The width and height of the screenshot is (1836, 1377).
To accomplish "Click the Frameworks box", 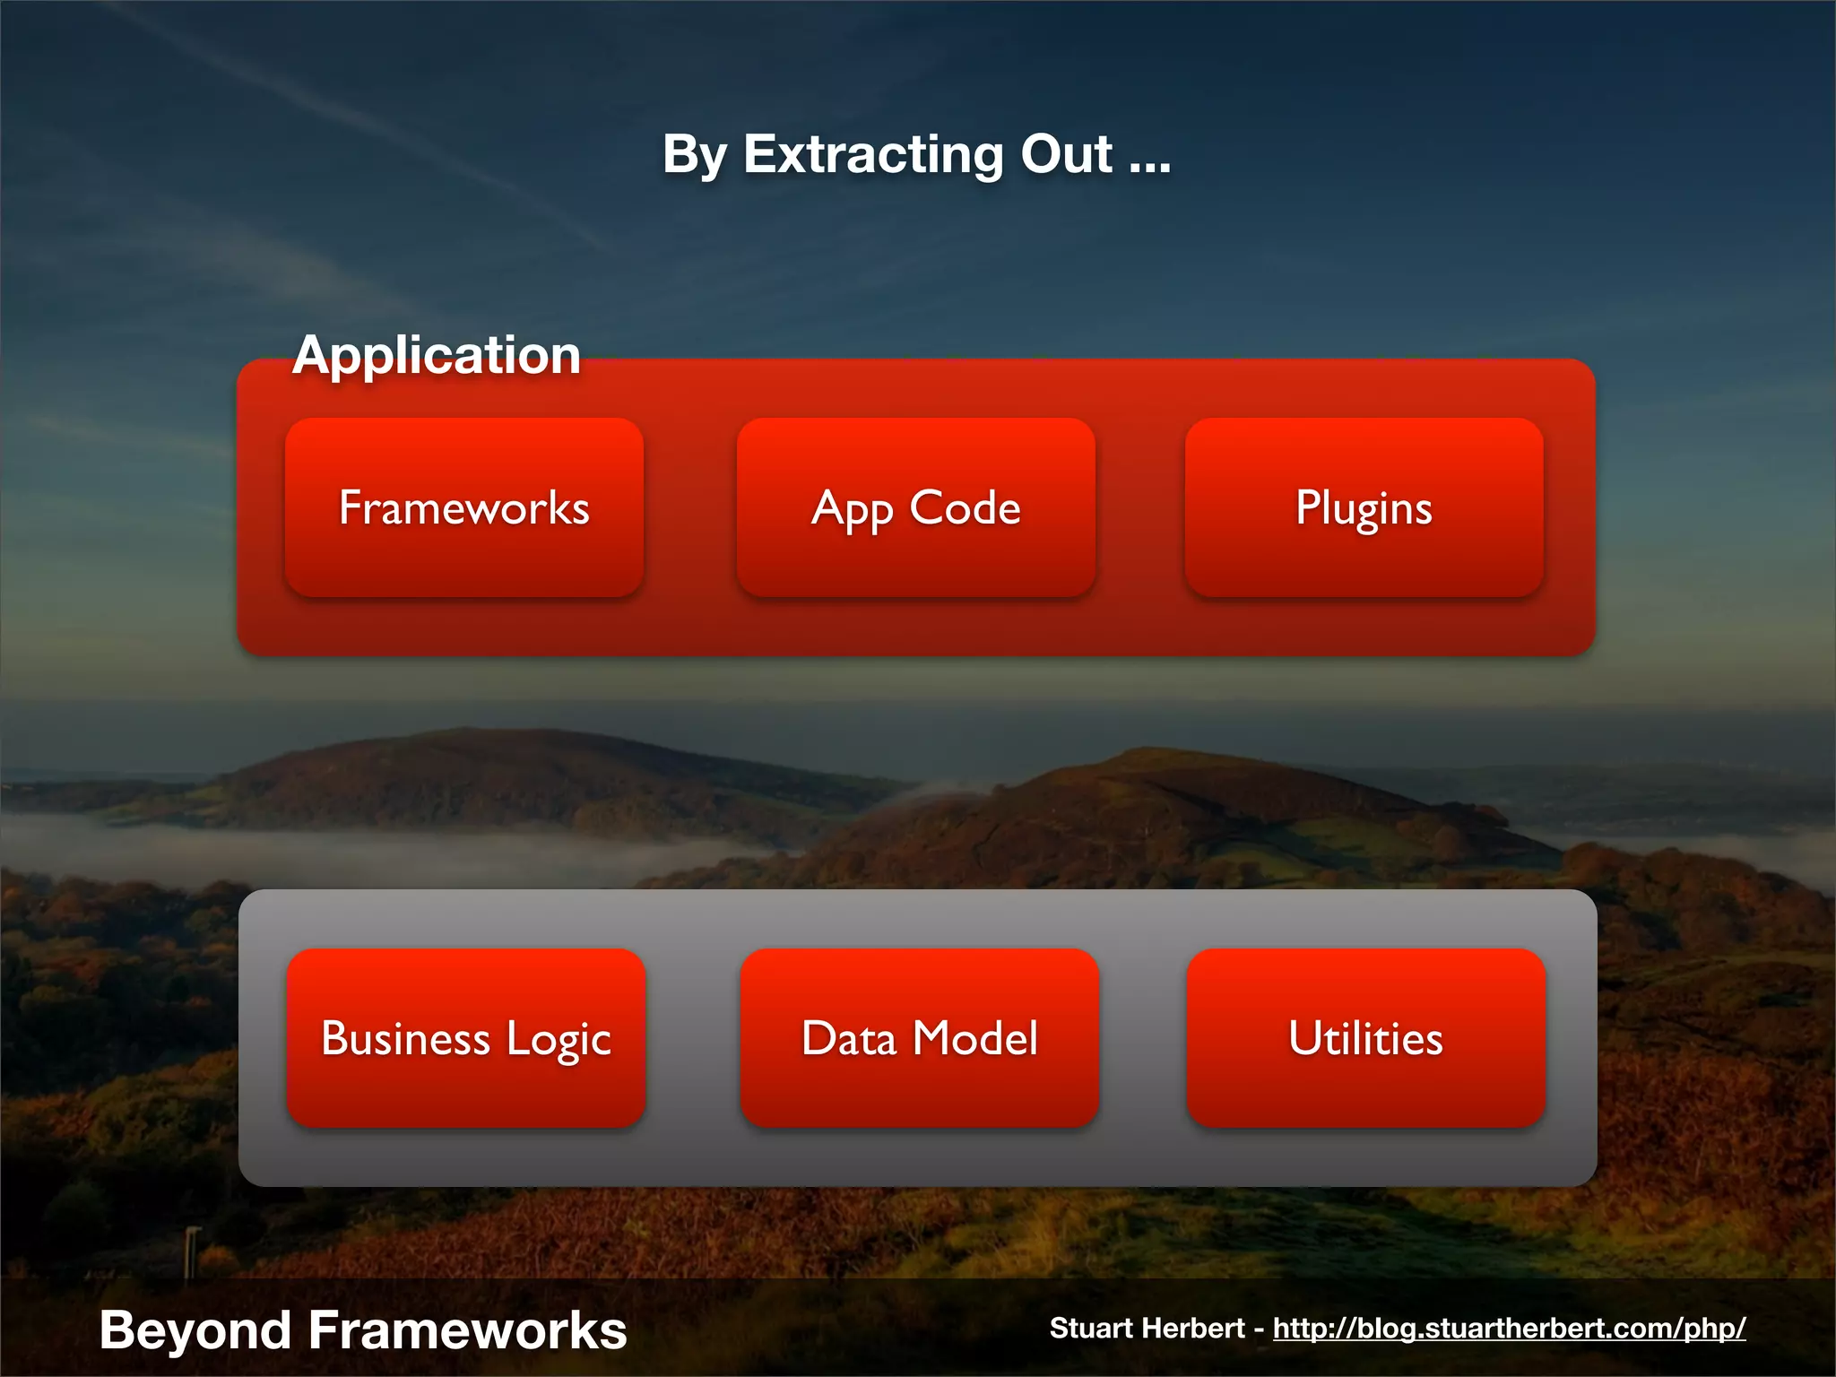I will click(x=463, y=507).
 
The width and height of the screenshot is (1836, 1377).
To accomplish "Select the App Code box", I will click(x=915, y=507).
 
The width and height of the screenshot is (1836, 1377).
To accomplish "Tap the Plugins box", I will click(x=1364, y=507).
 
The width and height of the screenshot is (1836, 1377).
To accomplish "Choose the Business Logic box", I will click(x=465, y=1038).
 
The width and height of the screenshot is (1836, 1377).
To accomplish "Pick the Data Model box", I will click(x=919, y=1038).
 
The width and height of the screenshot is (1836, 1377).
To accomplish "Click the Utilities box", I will click(x=1365, y=1038).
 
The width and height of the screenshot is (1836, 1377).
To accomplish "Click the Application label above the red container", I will click(x=437, y=355).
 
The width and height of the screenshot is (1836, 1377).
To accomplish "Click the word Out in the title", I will click(x=1066, y=154).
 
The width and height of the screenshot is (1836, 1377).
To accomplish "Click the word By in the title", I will click(x=695, y=156).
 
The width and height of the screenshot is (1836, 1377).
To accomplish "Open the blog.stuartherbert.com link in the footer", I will click(x=1509, y=1328).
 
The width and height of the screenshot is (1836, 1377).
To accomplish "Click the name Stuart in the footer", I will click(x=1089, y=1328).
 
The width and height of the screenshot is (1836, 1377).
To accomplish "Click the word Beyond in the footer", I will click(x=195, y=1330).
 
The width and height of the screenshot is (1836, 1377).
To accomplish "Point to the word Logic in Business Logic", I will click(x=558, y=1040).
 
